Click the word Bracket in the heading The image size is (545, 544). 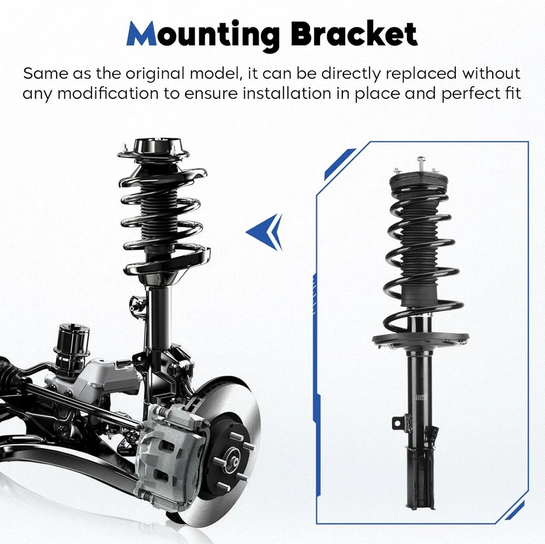(x=354, y=36)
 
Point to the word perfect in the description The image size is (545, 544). (x=466, y=93)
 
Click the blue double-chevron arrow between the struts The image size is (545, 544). (x=265, y=232)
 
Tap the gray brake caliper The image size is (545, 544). (x=170, y=454)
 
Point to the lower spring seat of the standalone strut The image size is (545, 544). (x=420, y=339)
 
